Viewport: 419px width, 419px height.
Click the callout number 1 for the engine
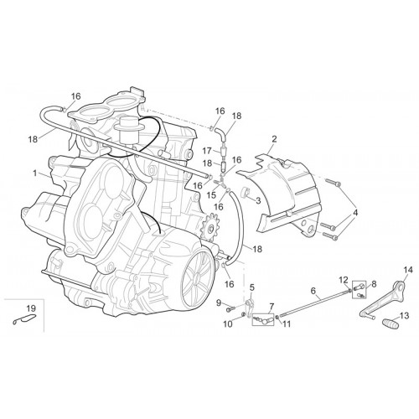tap(35, 173)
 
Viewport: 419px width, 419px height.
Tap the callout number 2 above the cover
tap(274, 139)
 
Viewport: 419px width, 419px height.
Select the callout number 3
tap(258, 200)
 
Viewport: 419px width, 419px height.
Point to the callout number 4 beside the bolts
tap(355, 213)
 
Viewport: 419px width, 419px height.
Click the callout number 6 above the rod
tap(313, 291)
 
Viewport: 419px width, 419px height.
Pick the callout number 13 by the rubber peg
tap(405, 316)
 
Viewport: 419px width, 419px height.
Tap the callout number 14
tap(407, 270)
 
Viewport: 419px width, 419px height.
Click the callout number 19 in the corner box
tap(31, 308)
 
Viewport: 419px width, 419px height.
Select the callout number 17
tap(207, 151)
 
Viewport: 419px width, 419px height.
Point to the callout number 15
tap(212, 195)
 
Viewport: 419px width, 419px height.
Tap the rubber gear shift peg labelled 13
tap(391, 323)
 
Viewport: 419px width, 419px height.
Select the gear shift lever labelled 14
tap(382, 300)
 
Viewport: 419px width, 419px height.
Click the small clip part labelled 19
tap(24, 319)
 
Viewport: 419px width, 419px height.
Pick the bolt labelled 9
tap(231, 309)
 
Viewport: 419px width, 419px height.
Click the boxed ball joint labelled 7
tap(263, 319)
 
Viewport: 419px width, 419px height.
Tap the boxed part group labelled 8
tap(359, 290)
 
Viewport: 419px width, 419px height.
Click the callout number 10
tap(228, 324)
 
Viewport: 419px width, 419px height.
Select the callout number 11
tap(287, 324)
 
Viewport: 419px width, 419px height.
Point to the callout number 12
tap(344, 280)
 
